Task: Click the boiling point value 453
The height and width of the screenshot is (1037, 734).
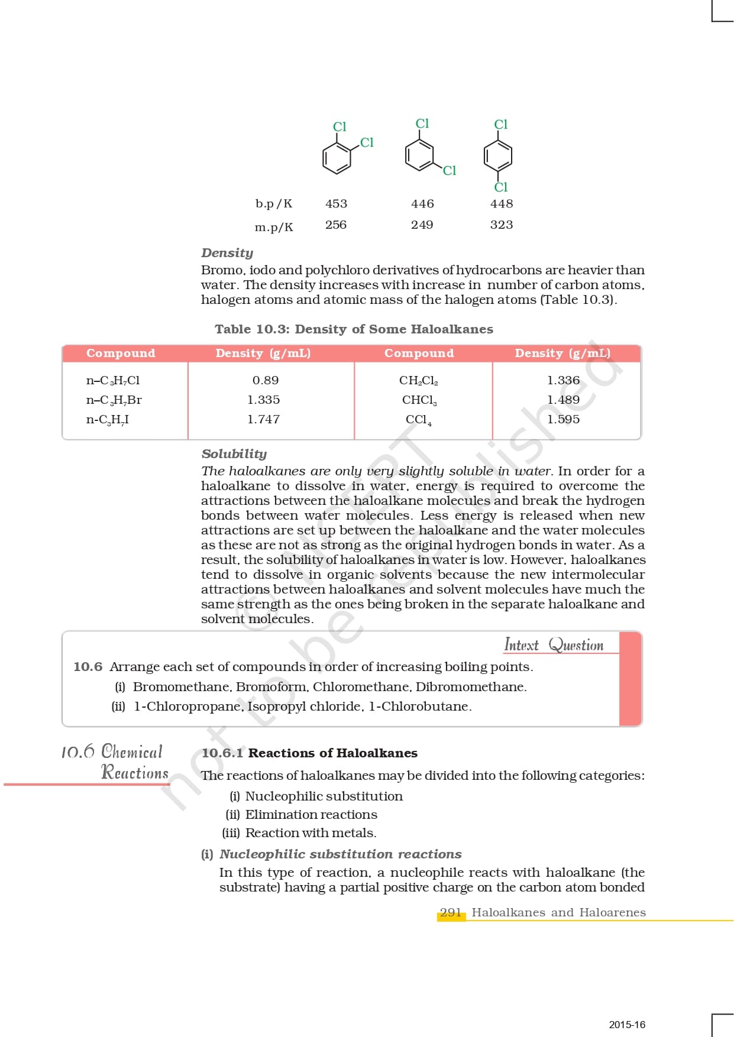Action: (x=336, y=204)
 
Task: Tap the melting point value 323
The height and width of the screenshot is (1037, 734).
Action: (x=502, y=225)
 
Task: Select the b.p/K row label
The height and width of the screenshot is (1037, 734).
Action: (x=274, y=204)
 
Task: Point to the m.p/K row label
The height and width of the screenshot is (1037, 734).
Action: (x=274, y=227)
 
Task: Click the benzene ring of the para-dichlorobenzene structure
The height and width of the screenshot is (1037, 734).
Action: (x=498, y=156)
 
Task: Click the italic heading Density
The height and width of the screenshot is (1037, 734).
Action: (x=227, y=253)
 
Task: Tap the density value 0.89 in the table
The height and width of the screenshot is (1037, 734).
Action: (x=265, y=380)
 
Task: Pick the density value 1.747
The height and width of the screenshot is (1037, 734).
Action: (x=263, y=419)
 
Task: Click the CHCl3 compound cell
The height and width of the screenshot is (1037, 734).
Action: (x=419, y=400)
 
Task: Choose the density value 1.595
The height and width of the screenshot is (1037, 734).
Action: (x=563, y=419)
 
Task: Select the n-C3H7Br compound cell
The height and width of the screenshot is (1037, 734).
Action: (x=114, y=400)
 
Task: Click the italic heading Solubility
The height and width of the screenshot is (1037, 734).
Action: (x=234, y=454)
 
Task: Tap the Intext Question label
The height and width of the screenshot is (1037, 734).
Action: (x=554, y=644)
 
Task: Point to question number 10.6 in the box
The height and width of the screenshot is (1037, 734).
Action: (x=88, y=667)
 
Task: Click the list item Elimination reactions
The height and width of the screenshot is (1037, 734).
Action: (x=311, y=815)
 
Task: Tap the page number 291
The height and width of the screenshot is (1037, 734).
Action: (x=451, y=913)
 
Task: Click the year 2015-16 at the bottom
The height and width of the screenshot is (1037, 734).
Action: (x=627, y=1025)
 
